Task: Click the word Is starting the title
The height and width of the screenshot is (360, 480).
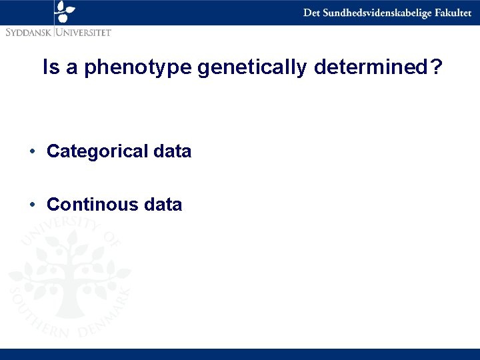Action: pos(50,68)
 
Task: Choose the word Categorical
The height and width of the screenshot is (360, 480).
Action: pos(97,152)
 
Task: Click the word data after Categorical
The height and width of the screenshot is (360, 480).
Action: pos(172,152)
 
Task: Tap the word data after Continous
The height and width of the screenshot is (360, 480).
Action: pos(163,205)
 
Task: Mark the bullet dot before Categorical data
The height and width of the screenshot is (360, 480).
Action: pos(33,152)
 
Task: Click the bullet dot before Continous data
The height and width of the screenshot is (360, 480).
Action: pos(33,205)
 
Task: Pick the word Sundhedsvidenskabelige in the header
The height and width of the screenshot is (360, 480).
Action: pos(375,13)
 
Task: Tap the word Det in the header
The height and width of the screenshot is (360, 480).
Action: pos(311,13)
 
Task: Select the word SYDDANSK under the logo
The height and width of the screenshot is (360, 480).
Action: pos(29,31)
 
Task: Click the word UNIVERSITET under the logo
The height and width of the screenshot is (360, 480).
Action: pos(84,31)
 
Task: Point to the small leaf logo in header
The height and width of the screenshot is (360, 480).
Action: pos(65,11)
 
